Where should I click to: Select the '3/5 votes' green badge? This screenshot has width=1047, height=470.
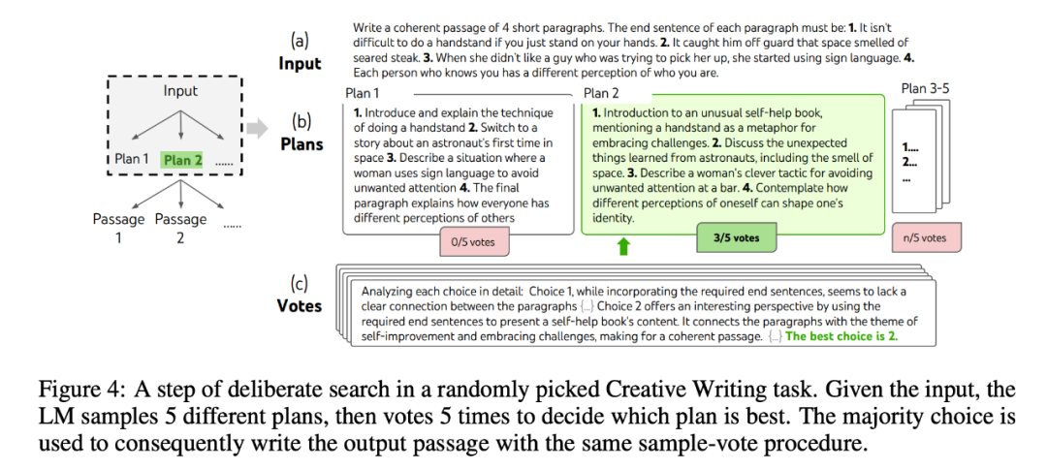pyautogui.click(x=736, y=237)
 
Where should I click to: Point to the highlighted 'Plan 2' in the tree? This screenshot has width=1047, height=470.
pyautogui.click(x=184, y=160)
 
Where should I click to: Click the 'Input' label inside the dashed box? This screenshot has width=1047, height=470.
pyautogui.click(x=180, y=91)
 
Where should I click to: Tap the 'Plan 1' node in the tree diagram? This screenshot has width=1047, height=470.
pyautogui.click(x=132, y=160)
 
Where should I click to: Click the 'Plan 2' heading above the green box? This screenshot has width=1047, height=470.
pyautogui.click(x=601, y=93)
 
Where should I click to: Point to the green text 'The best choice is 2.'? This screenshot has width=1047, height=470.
pyautogui.click(x=854, y=337)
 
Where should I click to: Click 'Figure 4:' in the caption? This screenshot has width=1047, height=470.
pyautogui.click(x=74, y=390)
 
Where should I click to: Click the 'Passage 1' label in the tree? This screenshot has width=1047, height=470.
pyautogui.click(x=118, y=227)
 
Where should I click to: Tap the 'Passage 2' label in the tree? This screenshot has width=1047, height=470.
pyautogui.click(x=180, y=227)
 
